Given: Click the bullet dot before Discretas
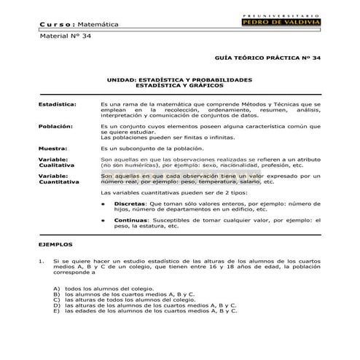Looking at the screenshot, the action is [x=103, y=204].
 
